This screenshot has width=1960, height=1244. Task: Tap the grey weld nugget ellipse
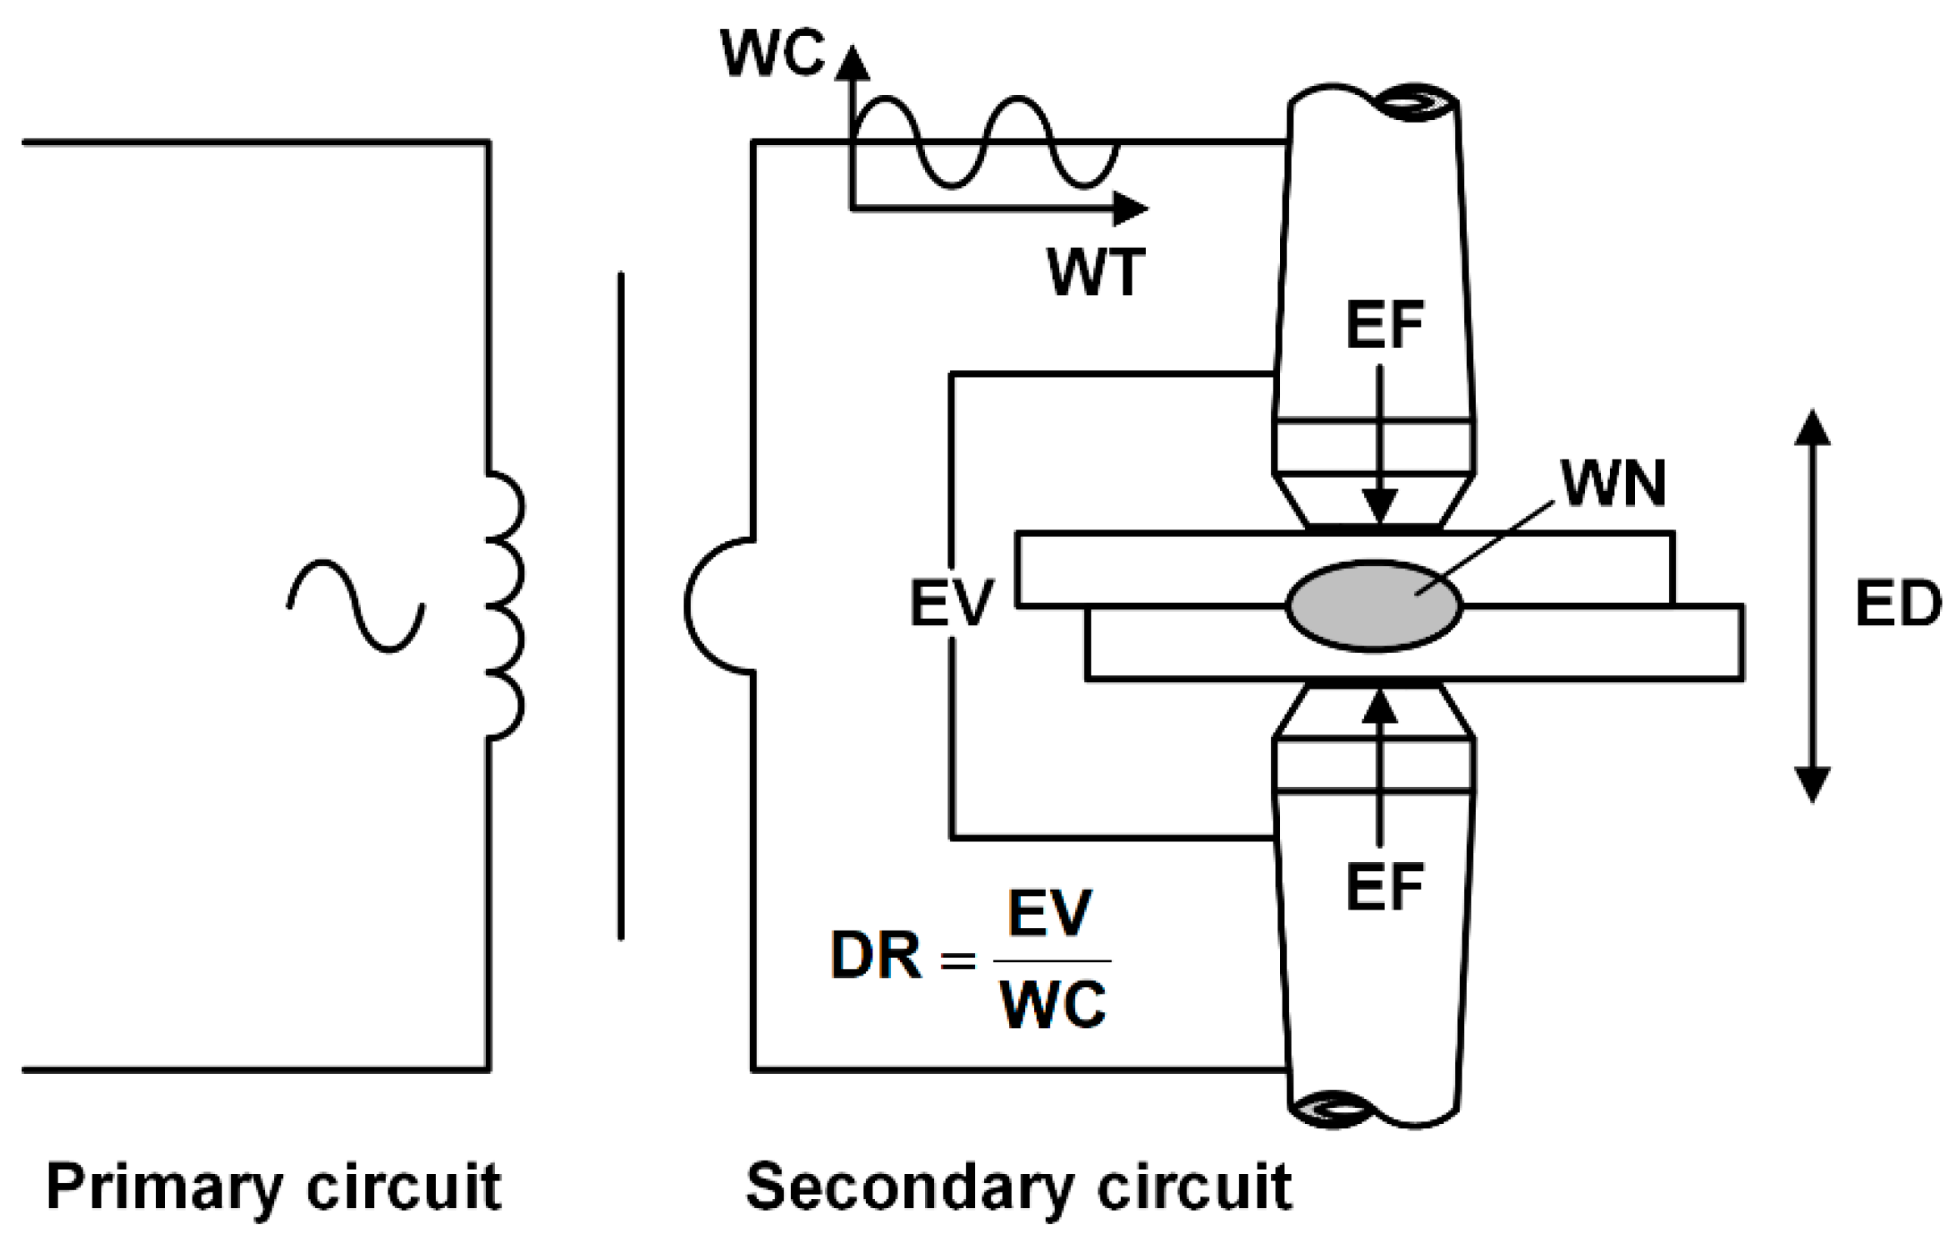click(1374, 605)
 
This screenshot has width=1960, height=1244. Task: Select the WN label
click(1613, 484)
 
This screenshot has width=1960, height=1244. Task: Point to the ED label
click(1897, 604)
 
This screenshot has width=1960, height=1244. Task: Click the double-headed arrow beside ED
click(1812, 606)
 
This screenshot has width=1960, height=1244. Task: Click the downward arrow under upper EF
click(1380, 444)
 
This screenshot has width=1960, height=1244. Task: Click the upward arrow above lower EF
click(1380, 767)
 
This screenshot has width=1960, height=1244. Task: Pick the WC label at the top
click(772, 53)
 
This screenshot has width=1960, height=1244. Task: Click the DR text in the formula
click(876, 955)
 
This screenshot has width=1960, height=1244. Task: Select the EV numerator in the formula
click(1049, 913)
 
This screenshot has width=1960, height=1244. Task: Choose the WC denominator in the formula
click(1053, 1006)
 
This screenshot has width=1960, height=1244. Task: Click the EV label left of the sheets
click(952, 604)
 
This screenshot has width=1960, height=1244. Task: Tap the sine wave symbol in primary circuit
click(356, 606)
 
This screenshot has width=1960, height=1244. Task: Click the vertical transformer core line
click(621, 606)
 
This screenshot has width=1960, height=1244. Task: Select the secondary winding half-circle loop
click(687, 606)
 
